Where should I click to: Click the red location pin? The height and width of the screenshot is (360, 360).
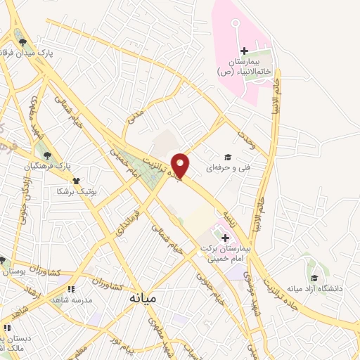tap(181, 164)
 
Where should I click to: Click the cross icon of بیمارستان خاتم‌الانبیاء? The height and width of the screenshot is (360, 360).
tap(244, 51)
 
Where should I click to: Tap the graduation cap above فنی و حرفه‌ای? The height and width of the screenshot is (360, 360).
tap(227, 157)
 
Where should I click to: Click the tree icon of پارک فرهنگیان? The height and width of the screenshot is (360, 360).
tap(47, 155)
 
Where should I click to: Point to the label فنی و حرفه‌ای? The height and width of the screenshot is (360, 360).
tap(224, 169)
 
